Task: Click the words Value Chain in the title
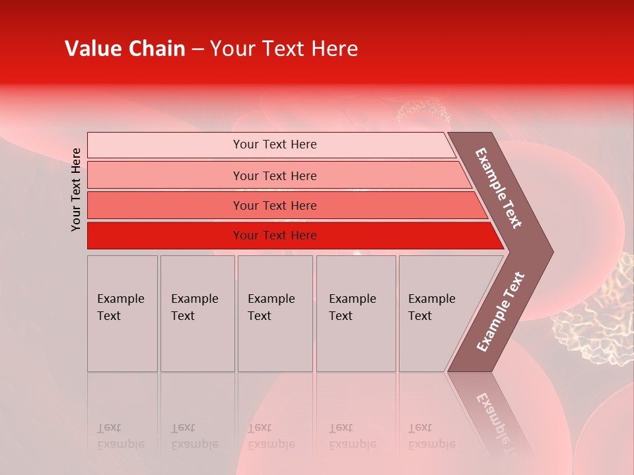[125, 49]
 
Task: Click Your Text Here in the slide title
[284, 49]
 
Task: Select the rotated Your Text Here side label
[76, 189]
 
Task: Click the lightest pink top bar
[274, 144]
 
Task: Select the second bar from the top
[274, 175]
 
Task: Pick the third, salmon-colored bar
[274, 205]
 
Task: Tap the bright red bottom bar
[274, 236]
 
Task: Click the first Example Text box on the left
[122, 313]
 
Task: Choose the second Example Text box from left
[197, 313]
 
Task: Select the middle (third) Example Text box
[275, 313]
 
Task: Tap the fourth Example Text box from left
[355, 313]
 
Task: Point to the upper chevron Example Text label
[499, 188]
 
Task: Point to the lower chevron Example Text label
[500, 312]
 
